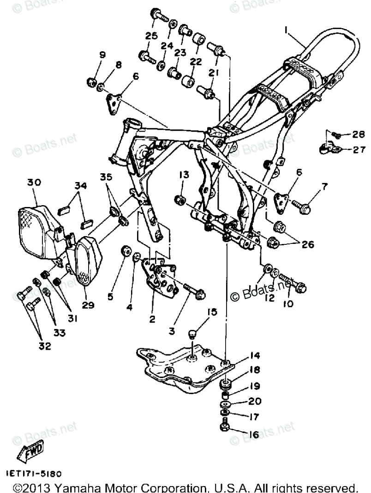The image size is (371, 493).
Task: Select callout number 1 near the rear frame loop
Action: (x=287, y=30)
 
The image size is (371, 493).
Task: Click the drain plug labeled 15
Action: (x=194, y=334)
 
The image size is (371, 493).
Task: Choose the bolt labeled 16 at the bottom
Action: (x=224, y=426)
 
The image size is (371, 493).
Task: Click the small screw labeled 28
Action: (x=336, y=135)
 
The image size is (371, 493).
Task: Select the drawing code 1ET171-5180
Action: (x=34, y=474)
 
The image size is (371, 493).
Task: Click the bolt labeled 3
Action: (x=194, y=291)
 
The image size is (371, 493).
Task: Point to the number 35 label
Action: (x=106, y=177)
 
